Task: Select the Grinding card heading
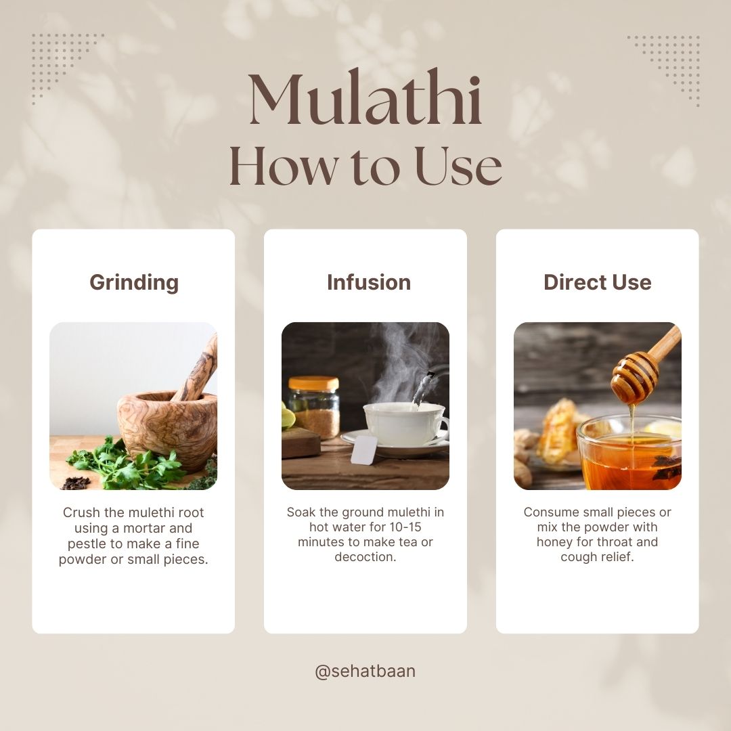coord(134,282)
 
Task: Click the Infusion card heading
coord(369,282)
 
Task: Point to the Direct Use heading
coord(597,282)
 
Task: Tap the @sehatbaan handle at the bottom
coord(365,671)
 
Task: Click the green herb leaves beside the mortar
coord(126,464)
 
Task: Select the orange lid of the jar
coord(313,383)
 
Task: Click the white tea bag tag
coord(363,450)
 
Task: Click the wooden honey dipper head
coord(635,378)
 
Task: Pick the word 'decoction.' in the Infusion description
coord(365,556)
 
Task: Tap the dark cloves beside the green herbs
coord(76,483)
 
